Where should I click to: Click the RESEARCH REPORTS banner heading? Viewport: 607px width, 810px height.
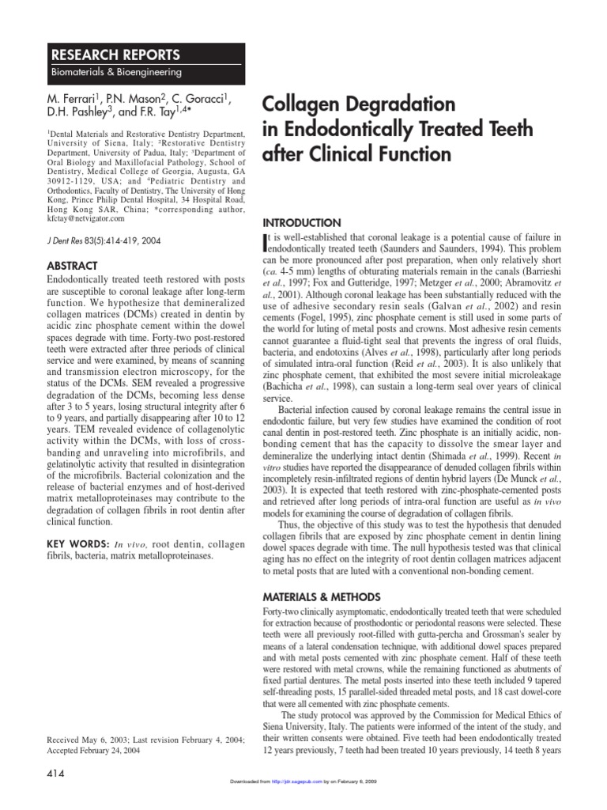115,55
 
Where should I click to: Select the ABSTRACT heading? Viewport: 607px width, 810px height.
74,266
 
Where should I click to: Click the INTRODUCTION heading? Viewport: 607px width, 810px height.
301,223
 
